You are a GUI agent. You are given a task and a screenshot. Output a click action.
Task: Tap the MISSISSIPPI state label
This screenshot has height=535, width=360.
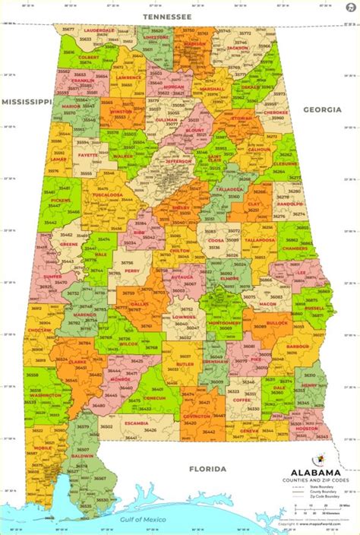(26, 100)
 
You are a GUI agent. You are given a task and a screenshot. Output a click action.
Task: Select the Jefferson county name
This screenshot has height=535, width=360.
(180, 160)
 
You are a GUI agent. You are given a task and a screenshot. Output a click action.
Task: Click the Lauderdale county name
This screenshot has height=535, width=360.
(98, 31)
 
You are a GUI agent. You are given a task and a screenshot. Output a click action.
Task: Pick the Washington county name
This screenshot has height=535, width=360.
(46, 395)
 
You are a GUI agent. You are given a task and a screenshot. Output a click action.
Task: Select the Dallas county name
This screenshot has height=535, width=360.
(139, 303)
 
